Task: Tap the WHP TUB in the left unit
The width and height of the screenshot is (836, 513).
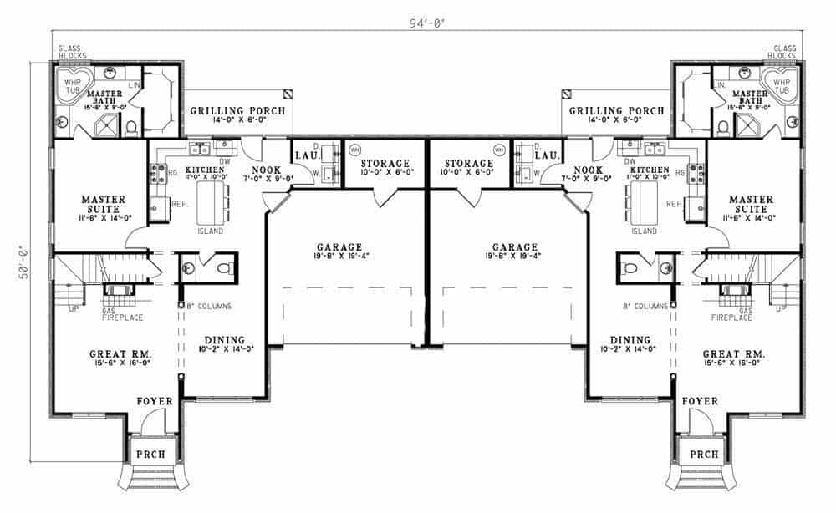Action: point(73,87)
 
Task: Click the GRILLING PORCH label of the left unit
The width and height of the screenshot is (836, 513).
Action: point(237,110)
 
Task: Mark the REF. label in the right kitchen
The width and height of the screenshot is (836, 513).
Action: point(673,204)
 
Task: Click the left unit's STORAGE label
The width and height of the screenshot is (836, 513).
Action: point(385,163)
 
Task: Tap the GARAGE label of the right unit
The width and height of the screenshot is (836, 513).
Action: point(515,247)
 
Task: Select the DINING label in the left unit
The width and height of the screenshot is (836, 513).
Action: point(223,340)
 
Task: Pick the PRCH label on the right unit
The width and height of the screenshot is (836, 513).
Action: point(704,455)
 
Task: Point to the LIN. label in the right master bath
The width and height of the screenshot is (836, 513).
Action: point(719,85)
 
